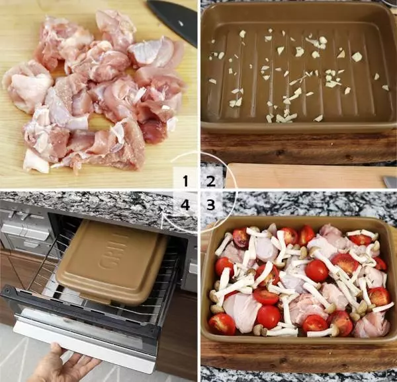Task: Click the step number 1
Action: (185, 181)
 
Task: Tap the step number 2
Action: (211, 181)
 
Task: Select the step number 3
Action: (211, 204)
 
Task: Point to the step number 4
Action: (185, 204)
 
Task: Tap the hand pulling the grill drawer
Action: (64, 364)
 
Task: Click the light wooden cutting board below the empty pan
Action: (304, 176)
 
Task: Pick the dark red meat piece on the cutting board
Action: (154, 131)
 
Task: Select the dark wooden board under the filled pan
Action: (299, 355)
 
